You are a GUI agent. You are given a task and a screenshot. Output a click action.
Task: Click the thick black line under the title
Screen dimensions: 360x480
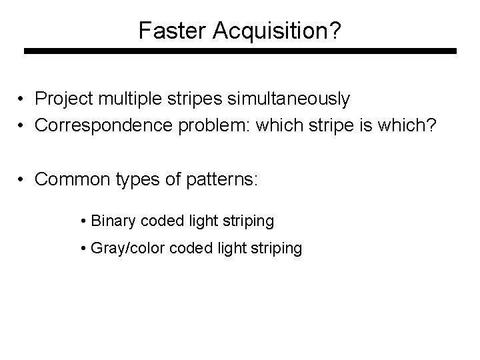click(240, 51)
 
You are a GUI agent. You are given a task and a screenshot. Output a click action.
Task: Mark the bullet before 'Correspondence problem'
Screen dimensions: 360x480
click(22, 126)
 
